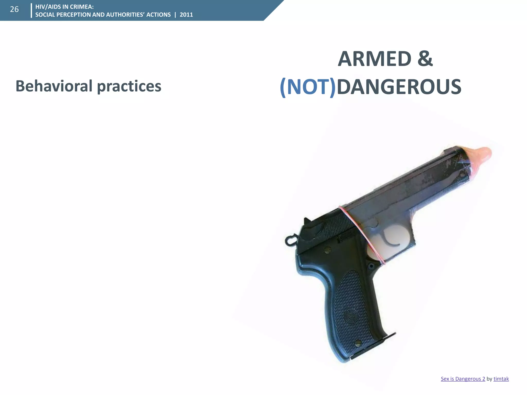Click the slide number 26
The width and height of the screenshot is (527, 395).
click(x=14, y=10)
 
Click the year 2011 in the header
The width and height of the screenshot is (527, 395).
click(x=186, y=15)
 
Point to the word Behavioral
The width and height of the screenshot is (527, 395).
click(x=54, y=86)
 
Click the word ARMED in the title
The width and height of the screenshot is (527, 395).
click(x=374, y=59)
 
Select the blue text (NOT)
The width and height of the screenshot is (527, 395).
click(x=308, y=87)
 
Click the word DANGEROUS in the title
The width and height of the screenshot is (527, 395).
click(x=399, y=87)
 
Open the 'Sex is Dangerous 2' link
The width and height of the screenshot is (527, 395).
click(x=463, y=379)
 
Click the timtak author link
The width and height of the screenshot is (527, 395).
click(x=501, y=379)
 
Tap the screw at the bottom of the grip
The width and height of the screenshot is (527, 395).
click(x=358, y=343)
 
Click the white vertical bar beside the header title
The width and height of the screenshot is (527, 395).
click(x=31, y=11)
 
